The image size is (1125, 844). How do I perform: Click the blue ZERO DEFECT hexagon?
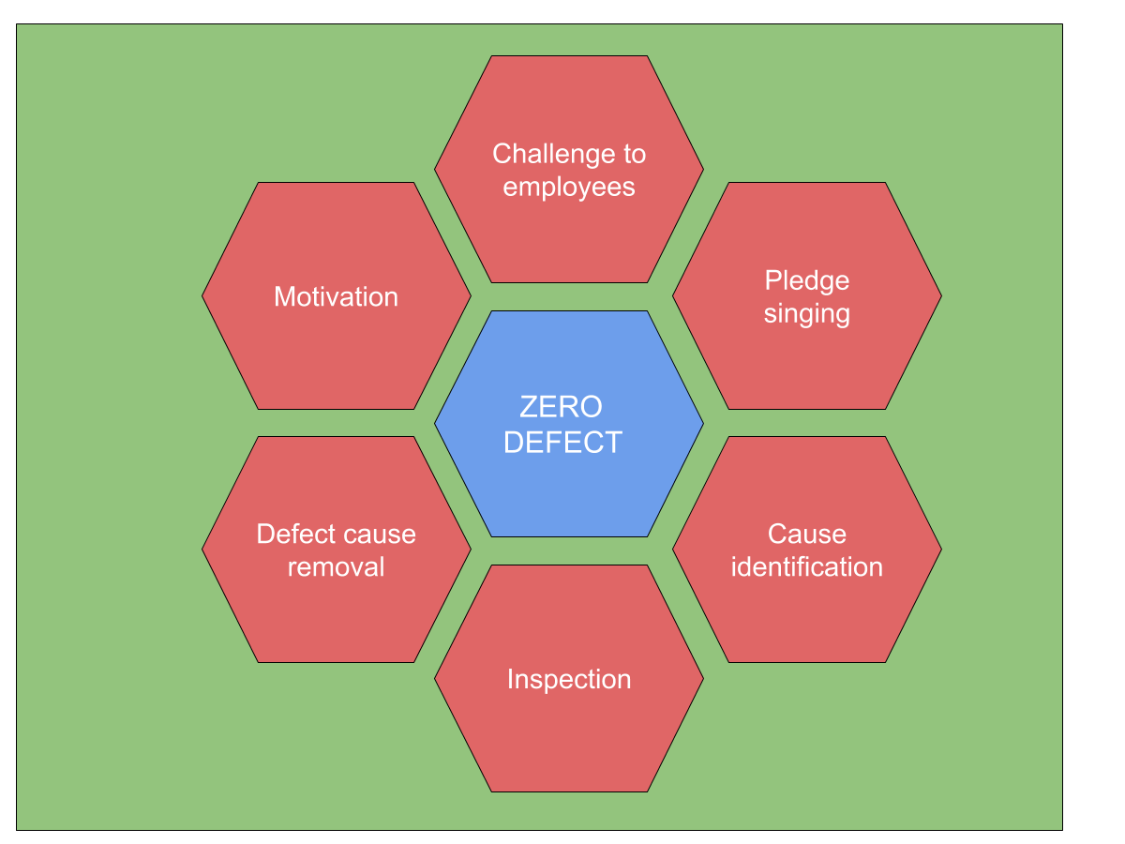[x=568, y=424]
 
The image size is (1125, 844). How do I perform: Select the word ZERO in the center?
[x=561, y=407]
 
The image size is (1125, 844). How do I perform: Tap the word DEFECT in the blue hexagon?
[x=562, y=443]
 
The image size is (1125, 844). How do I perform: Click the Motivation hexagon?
[x=337, y=295]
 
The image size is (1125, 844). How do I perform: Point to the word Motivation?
[x=337, y=296]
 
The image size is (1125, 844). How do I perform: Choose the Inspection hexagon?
[x=568, y=678]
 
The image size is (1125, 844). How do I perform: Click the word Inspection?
[x=569, y=680]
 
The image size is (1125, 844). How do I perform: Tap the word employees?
[x=569, y=187]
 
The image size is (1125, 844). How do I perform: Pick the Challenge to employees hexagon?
[x=568, y=169]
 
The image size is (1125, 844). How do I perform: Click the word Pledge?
[x=807, y=280]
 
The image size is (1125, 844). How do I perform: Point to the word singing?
[x=807, y=314]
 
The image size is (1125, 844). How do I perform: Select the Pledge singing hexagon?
[x=807, y=295]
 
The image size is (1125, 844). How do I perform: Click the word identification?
[x=807, y=567]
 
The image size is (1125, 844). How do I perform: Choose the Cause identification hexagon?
[x=807, y=550]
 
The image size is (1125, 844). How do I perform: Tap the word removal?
[x=337, y=567]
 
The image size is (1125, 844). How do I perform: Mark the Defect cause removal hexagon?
[x=337, y=550]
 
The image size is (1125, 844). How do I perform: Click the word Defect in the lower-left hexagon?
[x=293, y=534]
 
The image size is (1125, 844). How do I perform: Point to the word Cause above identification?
[x=807, y=534]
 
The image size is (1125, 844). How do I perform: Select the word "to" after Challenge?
[x=635, y=154]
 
